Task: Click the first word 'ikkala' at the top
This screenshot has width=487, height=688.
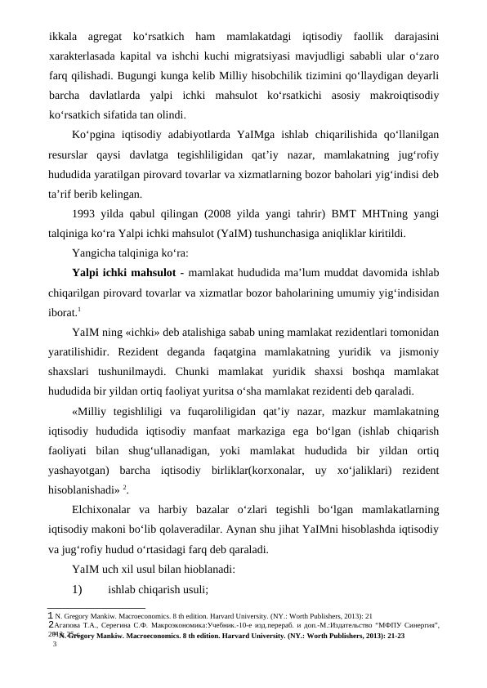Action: tap(64, 37)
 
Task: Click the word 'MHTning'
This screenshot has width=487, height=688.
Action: tap(386, 213)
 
